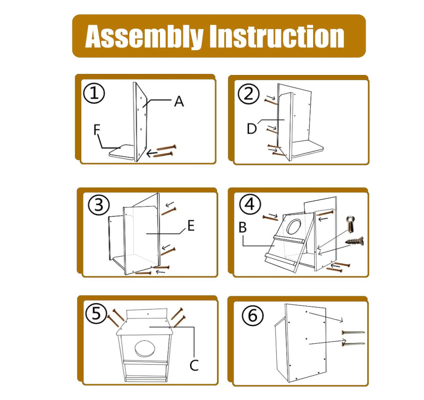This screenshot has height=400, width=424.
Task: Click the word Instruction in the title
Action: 277,36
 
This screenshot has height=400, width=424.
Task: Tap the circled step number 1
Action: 95,93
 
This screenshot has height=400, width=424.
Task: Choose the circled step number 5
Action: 96,313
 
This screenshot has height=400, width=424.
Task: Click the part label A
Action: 178,102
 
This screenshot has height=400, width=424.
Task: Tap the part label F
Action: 97,130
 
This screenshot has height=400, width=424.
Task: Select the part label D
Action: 251,129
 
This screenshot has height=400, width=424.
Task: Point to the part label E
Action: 191,226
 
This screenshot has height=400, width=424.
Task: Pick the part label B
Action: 244,227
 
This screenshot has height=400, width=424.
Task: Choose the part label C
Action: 194,365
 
